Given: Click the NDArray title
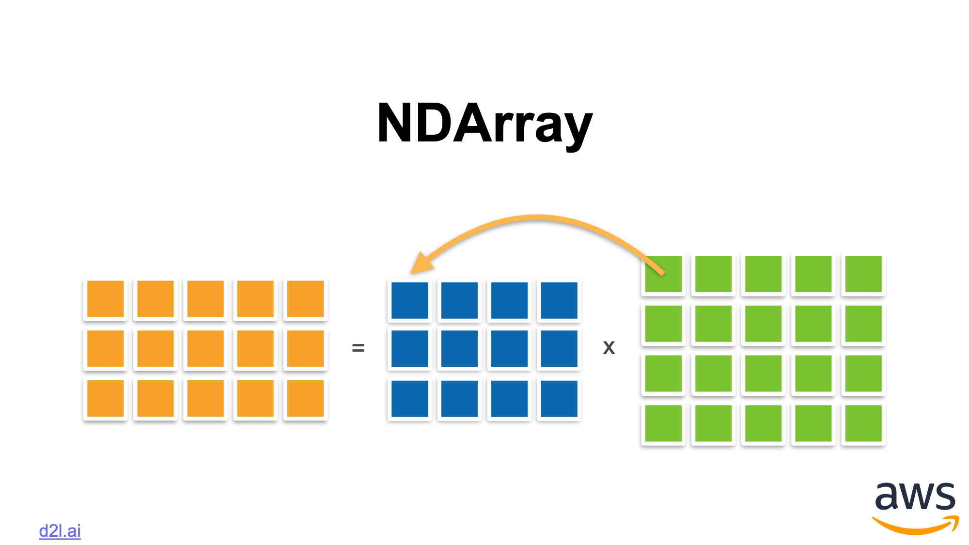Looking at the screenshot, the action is point(484,124).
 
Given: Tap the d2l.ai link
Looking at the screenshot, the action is point(60,531).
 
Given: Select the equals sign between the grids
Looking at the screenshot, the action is point(358,348).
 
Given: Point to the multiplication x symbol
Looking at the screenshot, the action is point(609,347).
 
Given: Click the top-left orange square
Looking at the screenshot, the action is point(106,299).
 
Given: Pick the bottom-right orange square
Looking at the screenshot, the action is point(305,399).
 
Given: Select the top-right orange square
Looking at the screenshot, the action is point(305,299).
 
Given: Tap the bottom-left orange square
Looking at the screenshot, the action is point(106,399).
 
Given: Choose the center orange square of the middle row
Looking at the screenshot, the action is point(205,349).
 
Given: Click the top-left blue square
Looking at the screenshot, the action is point(410,300).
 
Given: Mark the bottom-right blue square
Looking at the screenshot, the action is point(559,399).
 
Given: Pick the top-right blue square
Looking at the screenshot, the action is point(559,300).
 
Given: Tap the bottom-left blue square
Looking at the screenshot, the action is point(410,399).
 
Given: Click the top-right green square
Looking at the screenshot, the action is point(863,274).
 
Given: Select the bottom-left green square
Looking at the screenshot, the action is point(664,423).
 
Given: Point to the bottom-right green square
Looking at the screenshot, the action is point(863,423).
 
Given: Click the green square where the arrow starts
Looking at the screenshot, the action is point(664,274).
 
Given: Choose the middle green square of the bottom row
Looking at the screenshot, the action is point(764,423).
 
